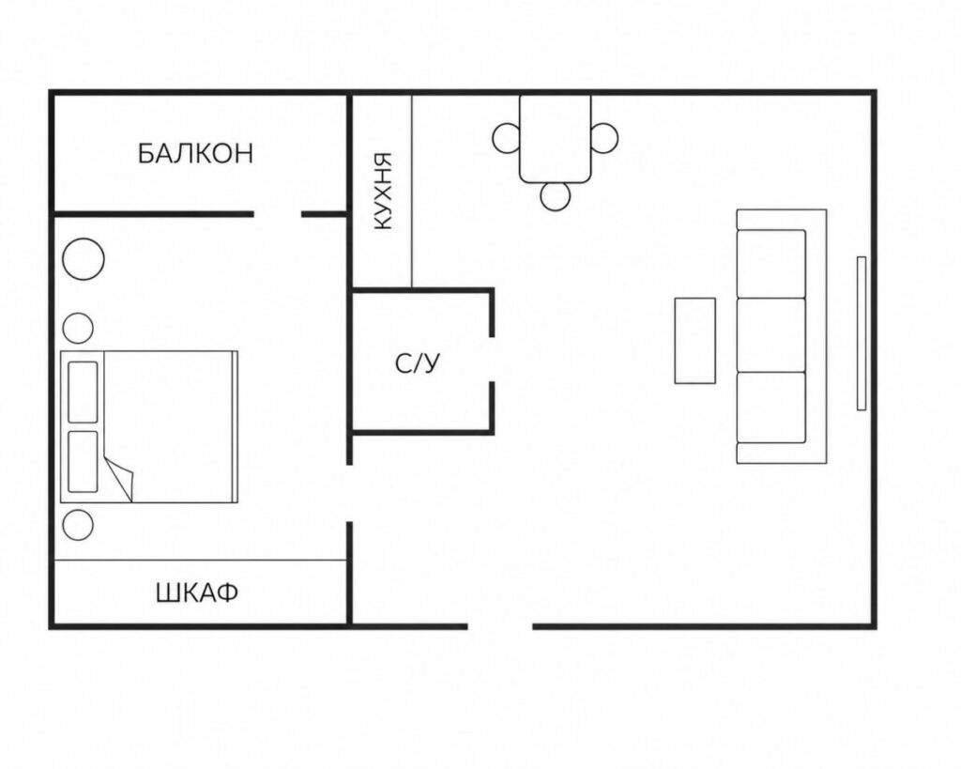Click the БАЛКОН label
pyautogui.click(x=195, y=153)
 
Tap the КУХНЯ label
pyautogui.click(x=381, y=192)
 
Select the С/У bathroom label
pyautogui.click(x=418, y=364)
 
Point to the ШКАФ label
pyautogui.click(x=197, y=593)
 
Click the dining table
pyautogui.click(x=556, y=139)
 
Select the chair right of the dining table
pyautogui.click(x=604, y=138)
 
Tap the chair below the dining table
pyautogui.click(x=556, y=195)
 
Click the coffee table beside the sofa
pyautogui.click(x=695, y=341)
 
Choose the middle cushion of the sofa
pyautogui.click(x=771, y=335)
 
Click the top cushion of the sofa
pyautogui.click(x=771, y=264)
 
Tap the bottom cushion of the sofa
pyautogui.click(x=771, y=408)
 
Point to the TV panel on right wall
pyautogui.click(x=862, y=333)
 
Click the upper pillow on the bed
pyautogui.click(x=83, y=392)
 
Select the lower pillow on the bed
pyautogui.click(x=83, y=462)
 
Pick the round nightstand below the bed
pyautogui.click(x=78, y=525)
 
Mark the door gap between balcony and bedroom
pyautogui.click(x=277, y=214)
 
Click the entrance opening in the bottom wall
pyautogui.click(x=500, y=626)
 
